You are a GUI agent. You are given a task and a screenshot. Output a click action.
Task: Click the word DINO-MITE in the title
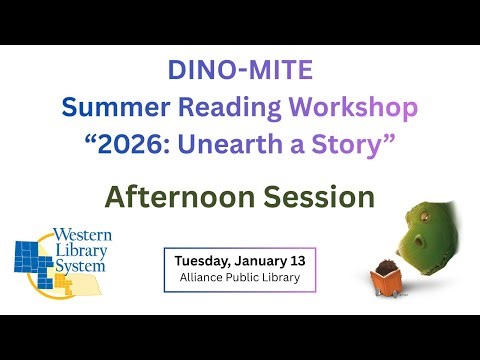[x=240, y=72]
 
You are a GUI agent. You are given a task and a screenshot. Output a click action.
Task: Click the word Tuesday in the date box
[x=204, y=260]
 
